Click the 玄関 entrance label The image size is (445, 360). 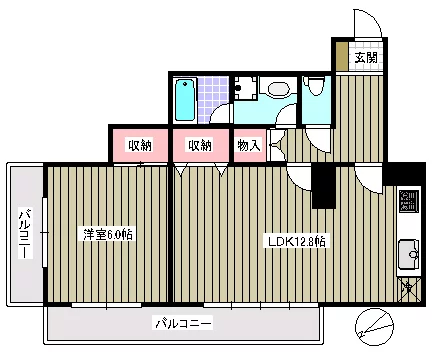[366, 58]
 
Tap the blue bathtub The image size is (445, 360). [185, 99]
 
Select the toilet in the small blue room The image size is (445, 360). [315, 85]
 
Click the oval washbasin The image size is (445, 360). [279, 89]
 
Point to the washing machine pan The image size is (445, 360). [245, 88]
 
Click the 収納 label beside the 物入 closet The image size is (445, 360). [200, 145]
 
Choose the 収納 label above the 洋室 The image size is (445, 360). [140, 145]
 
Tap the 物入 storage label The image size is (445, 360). [249, 145]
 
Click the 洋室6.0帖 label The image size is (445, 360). [108, 234]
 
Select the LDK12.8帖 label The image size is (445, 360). [297, 241]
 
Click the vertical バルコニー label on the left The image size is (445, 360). [25, 233]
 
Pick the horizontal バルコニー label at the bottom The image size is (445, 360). [184, 323]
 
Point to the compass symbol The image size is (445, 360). [374, 327]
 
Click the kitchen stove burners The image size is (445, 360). [409, 201]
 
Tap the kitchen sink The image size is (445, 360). [409, 255]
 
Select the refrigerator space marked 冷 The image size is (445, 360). [410, 289]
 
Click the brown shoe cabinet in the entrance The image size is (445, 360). [342, 56]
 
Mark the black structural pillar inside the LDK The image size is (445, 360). [323, 186]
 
